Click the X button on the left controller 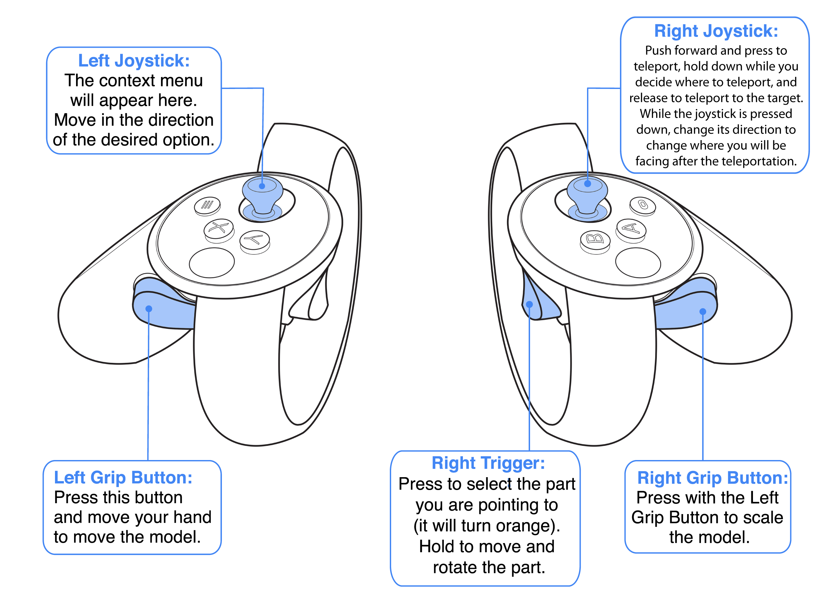click(219, 228)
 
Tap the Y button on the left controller click(254, 240)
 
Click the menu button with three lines click(207, 205)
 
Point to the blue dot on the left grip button click(149, 309)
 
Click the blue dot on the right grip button click(703, 312)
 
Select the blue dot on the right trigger click(529, 304)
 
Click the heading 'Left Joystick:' click(134, 61)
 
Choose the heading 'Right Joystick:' click(716, 31)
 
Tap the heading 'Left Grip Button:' click(123, 478)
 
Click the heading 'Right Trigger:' click(488, 463)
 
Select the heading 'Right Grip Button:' click(712, 478)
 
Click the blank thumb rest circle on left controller click(212, 263)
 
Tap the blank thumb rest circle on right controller click(638, 263)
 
